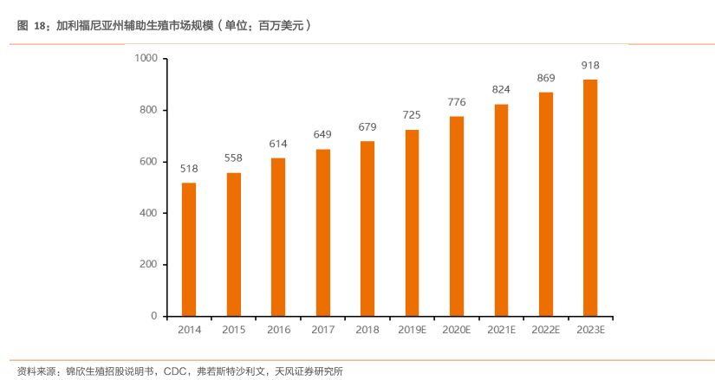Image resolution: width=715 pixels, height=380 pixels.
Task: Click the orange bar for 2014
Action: coord(189,249)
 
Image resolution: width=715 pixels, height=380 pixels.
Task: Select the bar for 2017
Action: coord(322,233)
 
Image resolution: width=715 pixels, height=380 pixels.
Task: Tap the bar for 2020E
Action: coord(457,216)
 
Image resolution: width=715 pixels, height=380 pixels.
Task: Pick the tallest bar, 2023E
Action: coord(590,198)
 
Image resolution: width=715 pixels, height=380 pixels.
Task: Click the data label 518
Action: coord(189,169)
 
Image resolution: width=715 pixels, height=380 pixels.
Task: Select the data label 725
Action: coord(412,115)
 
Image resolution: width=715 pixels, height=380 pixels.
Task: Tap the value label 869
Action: coord(546,78)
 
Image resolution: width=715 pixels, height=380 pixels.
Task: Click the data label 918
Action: coord(590,65)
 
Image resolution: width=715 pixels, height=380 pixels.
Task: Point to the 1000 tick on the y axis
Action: coord(145,58)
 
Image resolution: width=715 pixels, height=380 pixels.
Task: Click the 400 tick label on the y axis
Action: coord(147,213)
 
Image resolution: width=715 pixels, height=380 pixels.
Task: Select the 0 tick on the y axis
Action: coord(153,316)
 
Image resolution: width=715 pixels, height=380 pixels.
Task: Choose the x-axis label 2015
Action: coord(234,330)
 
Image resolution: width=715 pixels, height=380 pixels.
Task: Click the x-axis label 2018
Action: coord(367,330)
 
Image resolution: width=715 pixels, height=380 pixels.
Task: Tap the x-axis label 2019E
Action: coord(412,330)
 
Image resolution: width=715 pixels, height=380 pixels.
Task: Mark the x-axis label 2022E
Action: coord(546,330)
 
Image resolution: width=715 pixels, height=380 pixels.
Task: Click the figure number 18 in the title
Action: coord(40,26)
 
